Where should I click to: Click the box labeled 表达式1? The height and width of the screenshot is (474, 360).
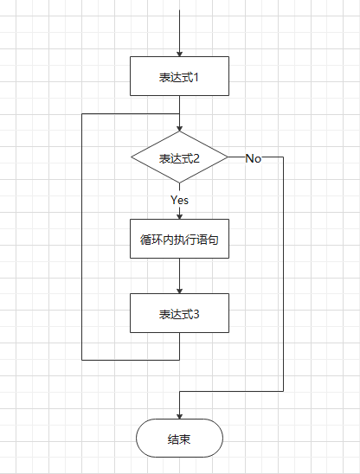click(x=179, y=76)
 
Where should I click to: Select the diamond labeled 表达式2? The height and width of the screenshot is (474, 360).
click(x=179, y=158)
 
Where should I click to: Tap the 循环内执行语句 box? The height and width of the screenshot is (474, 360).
click(x=179, y=240)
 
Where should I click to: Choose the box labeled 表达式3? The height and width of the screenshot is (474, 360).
click(x=179, y=313)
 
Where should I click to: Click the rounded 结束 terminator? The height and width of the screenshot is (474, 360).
click(x=179, y=439)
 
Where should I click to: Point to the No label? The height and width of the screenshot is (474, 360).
click(x=254, y=158)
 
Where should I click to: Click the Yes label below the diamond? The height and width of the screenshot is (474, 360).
click(x=179, y=200)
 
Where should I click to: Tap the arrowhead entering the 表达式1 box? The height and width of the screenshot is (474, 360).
click(x=179, y=53)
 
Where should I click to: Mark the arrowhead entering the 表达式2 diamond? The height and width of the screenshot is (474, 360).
click(x=179, y=127)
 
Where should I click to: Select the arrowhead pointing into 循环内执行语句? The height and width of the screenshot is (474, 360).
click(x=179, y=215)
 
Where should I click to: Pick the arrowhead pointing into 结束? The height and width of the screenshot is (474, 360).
click(x=179, y=416)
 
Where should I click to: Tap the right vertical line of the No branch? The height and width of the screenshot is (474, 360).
click(x=283, y=277)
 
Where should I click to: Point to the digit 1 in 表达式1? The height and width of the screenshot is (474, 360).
click(x=196, y=77)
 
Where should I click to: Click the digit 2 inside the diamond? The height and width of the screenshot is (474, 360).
click(x=196, y=159)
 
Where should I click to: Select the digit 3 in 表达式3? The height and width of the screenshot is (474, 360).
click(x=196, y=314)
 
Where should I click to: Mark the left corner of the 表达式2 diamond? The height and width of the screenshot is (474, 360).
click(x=132, y=158)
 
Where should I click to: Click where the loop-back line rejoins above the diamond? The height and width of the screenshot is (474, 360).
click(x=179, y=113)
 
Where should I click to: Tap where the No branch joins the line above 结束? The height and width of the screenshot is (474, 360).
click(x=179, y=391)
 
